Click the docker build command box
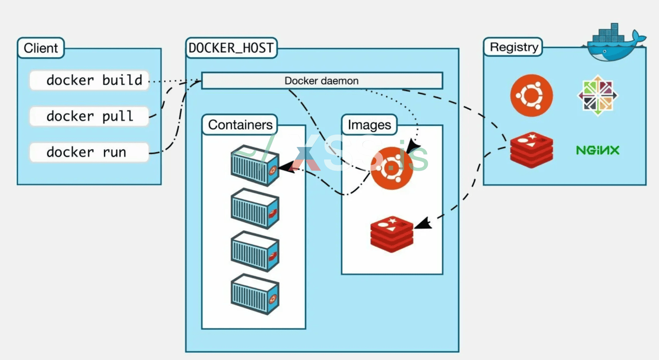click(x=89, y=81)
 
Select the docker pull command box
click(x=89, y=116)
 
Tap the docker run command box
click(x=89, y=152)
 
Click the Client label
click(x=41, y=48)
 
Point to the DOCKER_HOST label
click(x=231, y=48)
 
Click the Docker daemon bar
click(x=321, y=81)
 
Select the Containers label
click(x=240, y=125)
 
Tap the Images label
click(x=369, y=125)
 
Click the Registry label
click(x=514, y=47)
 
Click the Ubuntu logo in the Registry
click(x=531, y=96)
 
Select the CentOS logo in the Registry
click(x=598, y=96)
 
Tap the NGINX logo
click(x=597, y=150)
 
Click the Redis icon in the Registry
click(x=531, y=151)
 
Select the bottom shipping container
click(x=255, y=295)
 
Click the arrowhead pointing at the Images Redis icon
click(x=426, y=223)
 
